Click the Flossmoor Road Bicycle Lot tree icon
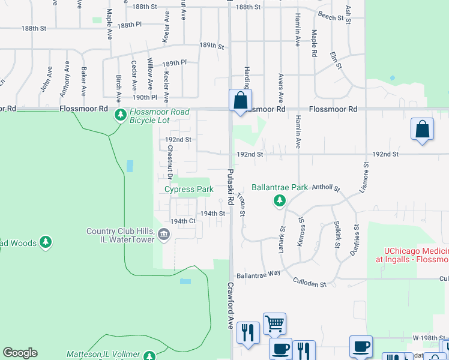(121, 114)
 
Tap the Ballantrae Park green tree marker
(279, 200)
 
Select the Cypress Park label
(189, 190)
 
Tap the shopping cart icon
(274, 323)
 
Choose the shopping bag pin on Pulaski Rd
(240, 100)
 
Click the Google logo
(20, 353)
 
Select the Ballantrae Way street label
(259, 274)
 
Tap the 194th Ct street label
(183, 221)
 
